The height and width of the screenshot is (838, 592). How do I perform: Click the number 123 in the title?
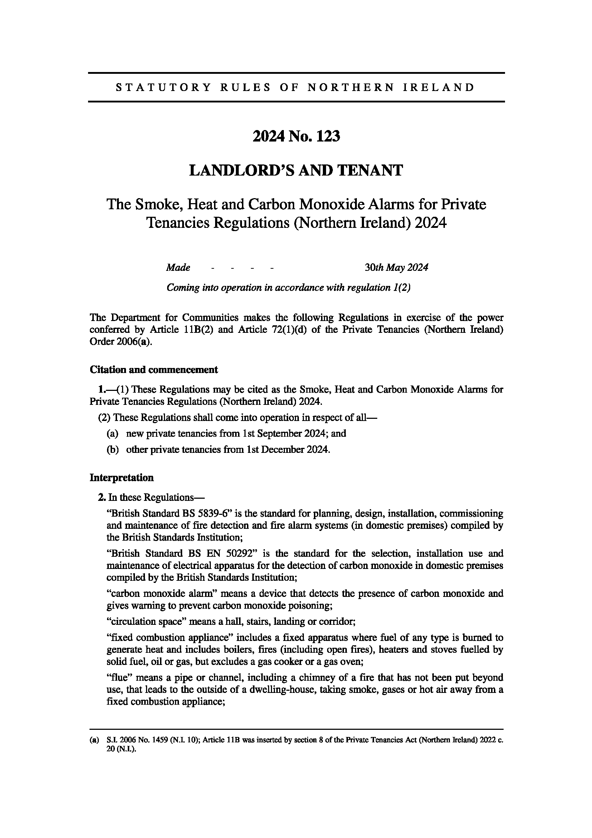pos(328,137)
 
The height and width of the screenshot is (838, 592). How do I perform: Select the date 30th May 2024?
pos(396,268)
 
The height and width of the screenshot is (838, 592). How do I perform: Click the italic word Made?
pos(178,268)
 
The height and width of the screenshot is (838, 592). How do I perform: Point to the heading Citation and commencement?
pos(154,370)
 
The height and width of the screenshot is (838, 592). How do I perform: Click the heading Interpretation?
pos(121,478)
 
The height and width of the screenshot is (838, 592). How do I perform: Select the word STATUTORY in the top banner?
pos(163,87)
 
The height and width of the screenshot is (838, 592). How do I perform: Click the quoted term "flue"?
pos(119,678)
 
